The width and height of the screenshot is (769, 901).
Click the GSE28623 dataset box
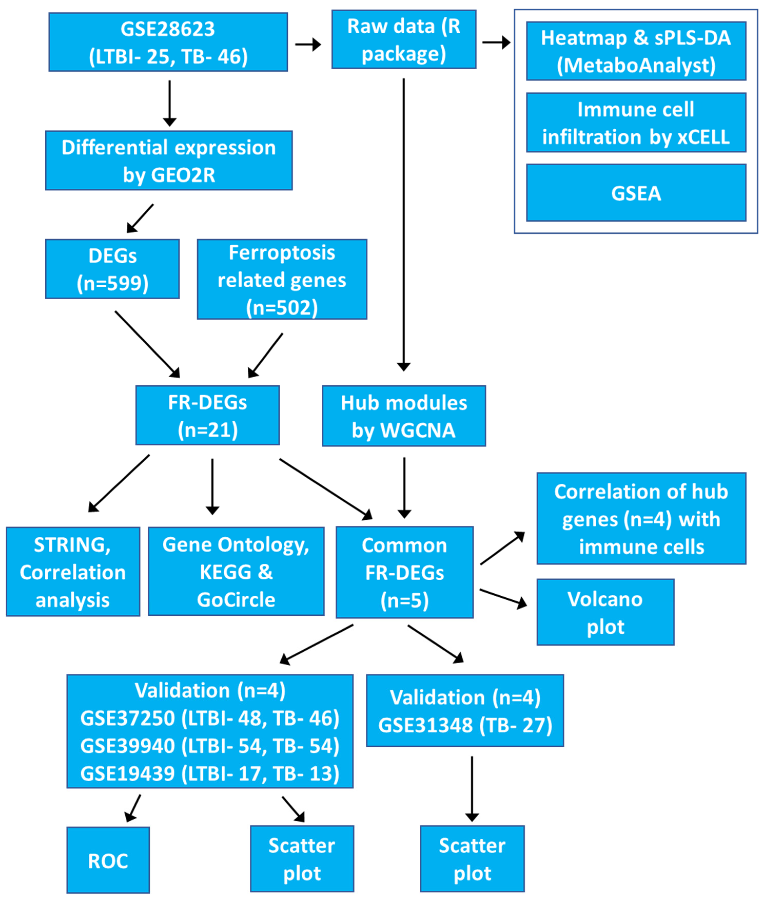coord(168,42)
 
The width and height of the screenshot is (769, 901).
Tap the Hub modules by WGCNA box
coord(404,416)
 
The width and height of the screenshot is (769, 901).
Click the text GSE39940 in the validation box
coord(128,745)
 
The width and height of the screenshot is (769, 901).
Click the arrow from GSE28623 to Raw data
coord(308,44)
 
